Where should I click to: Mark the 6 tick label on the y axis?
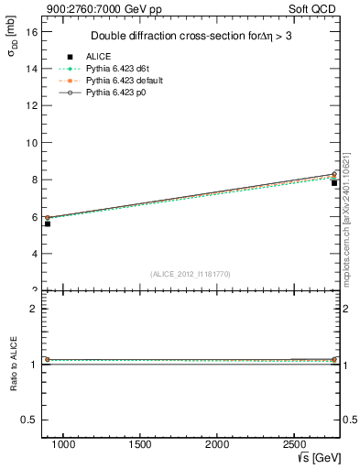[x=33, y=217]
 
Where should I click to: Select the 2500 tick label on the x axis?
[x=293, y=443]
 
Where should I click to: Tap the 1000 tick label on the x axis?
[x=63, y=443]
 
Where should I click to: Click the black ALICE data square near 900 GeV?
[x=48, y=224]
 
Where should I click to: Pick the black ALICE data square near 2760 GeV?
[x=334, y=183]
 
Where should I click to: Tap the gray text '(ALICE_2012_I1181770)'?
[x=191, y=273]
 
